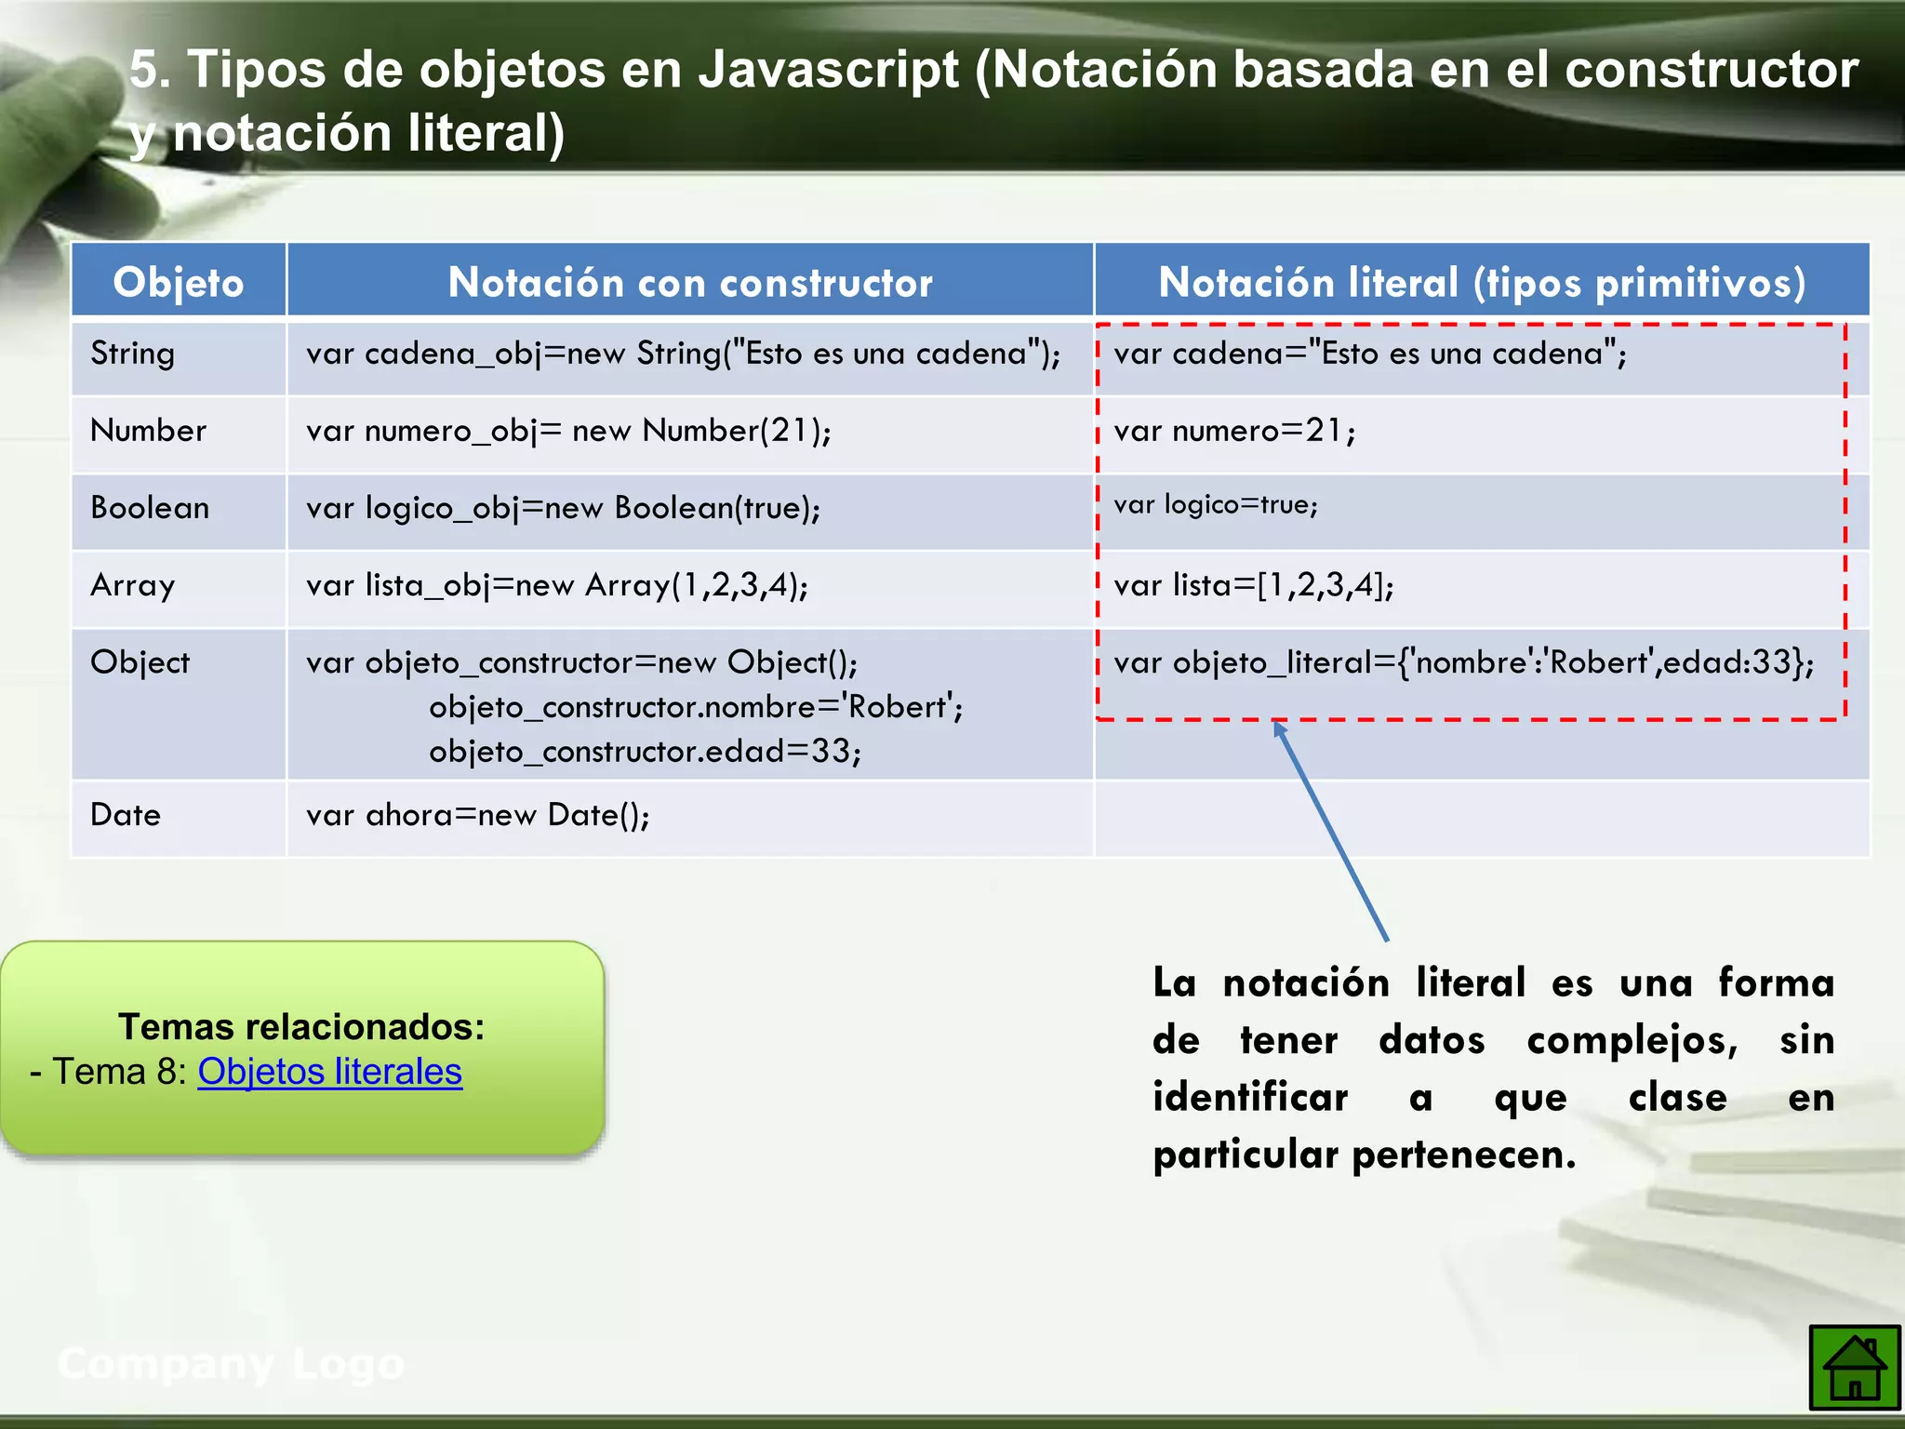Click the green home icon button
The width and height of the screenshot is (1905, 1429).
(1854, 1367)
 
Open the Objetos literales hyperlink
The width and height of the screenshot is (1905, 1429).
(329, 1072)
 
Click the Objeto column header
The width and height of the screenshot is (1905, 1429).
(179, 282)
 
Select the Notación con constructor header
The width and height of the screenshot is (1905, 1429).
(689, 282)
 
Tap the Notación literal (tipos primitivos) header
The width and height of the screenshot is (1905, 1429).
(1481, 282)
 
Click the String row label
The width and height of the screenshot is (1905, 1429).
(132, 354)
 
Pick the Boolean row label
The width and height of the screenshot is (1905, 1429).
(150, 508)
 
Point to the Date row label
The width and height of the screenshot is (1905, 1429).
(126, 815)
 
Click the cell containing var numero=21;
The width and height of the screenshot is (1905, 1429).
(1234, 431)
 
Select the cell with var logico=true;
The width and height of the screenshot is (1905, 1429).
(1216, 505)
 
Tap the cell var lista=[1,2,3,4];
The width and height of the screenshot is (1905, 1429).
(1253, 585)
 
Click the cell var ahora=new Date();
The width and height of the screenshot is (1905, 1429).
(478, 815)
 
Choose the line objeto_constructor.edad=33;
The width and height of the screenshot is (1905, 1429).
(645, 752)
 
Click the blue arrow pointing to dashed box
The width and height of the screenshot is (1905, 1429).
(1330, 831)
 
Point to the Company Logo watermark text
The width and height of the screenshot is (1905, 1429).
(231, 1364)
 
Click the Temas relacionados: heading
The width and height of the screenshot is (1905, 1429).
(301, 1026)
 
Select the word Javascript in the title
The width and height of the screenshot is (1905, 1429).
(828, 70)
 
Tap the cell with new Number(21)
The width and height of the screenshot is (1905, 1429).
(568, 431)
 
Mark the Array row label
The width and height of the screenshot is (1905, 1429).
(132, 585)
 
